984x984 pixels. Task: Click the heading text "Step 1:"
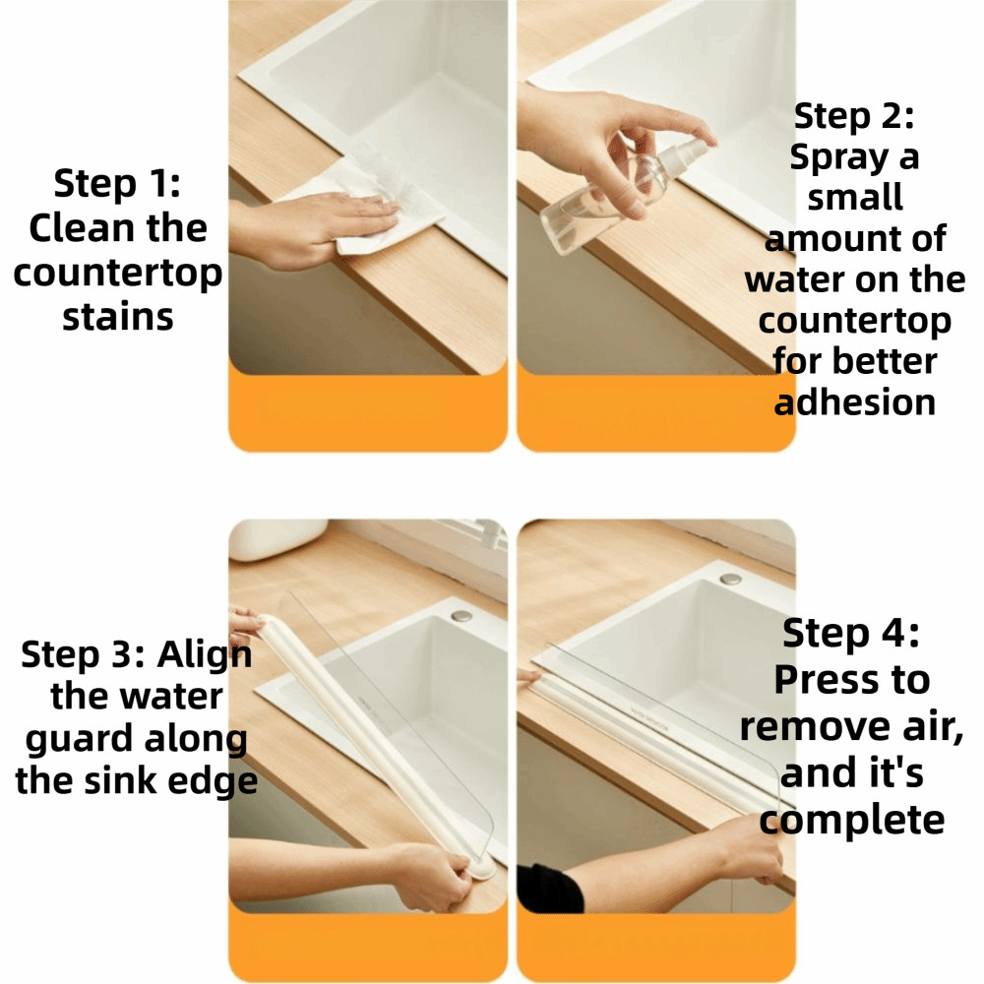tap(117, 184)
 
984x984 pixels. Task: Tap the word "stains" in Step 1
tap(118, 317)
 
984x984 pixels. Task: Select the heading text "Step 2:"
tap(854, 117)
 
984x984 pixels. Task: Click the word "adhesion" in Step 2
tap(855, 402)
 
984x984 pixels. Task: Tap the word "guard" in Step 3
tap(72, 740)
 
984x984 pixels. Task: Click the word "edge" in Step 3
tap(218, 782)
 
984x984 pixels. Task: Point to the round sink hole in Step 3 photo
tap(461, 616)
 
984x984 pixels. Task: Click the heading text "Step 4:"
tap(851, 633)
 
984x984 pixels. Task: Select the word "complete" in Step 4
tap(851, 821)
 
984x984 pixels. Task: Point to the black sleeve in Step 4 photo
tap(548, 889)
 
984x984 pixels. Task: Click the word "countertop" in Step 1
tap(118, 274)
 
